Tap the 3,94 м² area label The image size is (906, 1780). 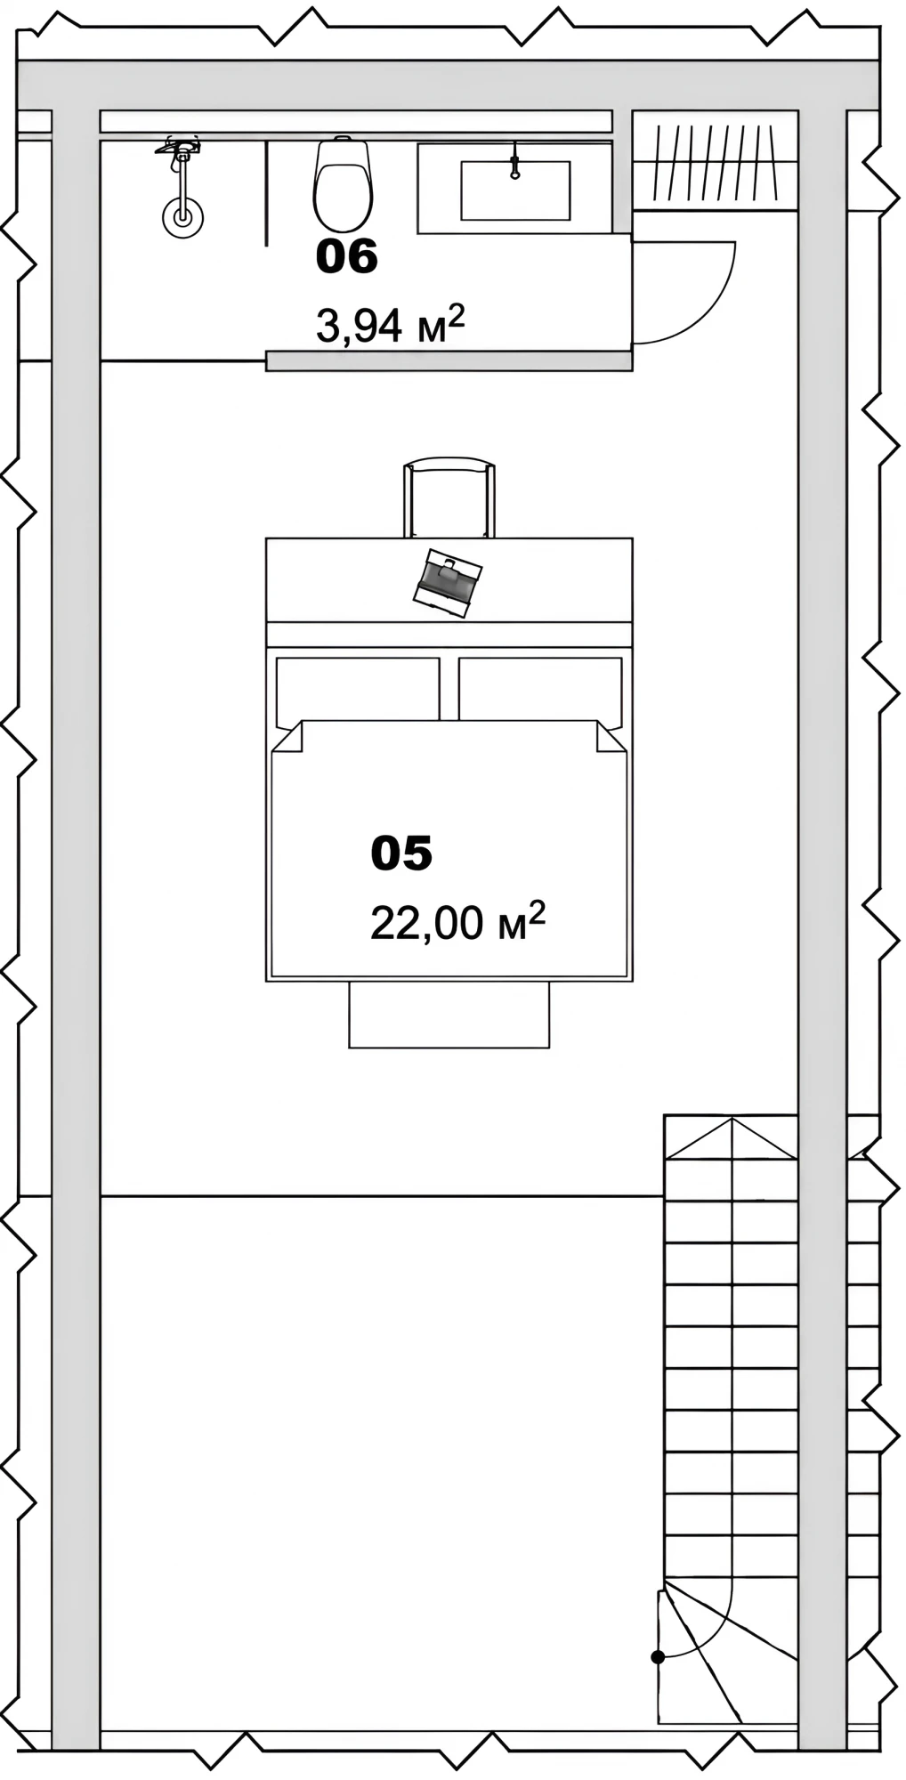pyautogui.click(x=391, y=325)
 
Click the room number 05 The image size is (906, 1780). pyautogui.click(x=401, y=853)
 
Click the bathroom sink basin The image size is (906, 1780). pyautogui.click(x=515, y=190)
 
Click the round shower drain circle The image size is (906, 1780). pyautogui.click(x=182, y=216)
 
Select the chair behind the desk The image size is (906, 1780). pyautogui.click(x=449, y=498)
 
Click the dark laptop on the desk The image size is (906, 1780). pyautogui.click(x=448, y=582)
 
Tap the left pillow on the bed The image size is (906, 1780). pyautogui.click(x=358, y=689)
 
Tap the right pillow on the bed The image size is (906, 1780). pyautogui.click(x=540, y=689)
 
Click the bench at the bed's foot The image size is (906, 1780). pyautogui.click(x=449, y=1015)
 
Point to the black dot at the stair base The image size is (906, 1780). pyautogui.click(x=658, y=1657)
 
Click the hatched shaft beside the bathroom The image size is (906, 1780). pyautogui.click(x=715, y=161)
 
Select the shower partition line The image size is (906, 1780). pyautogui.click(x=267, y=191)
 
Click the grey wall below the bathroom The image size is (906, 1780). pyautogui.click(x=449, y=360)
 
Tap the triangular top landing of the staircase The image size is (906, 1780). pyautogui.click(x=731, y=1139)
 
